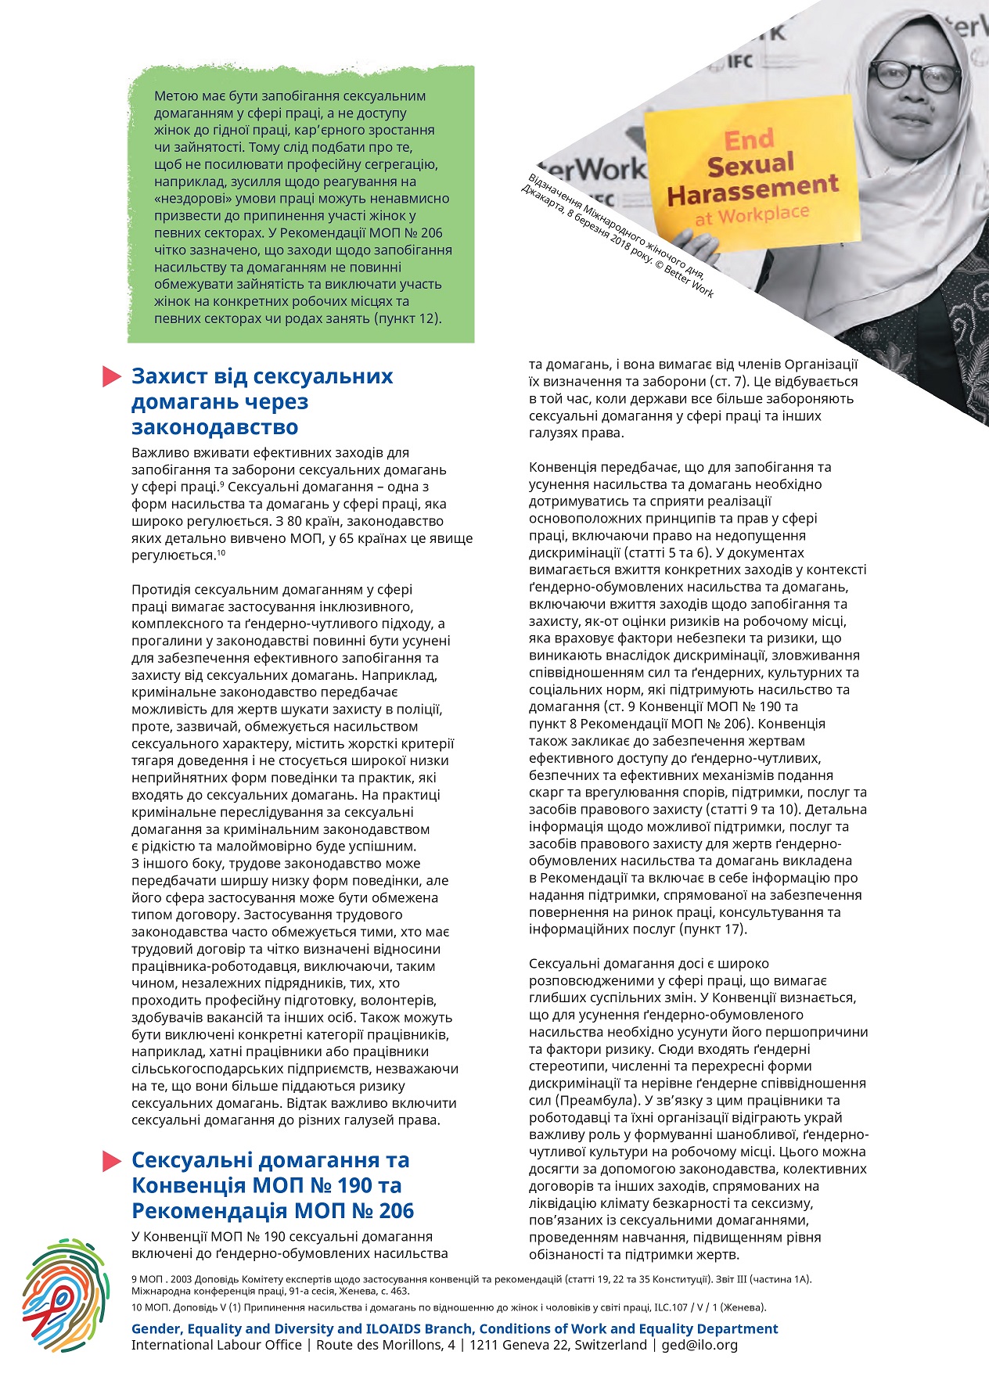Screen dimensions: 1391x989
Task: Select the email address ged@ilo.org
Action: coord(699,1345)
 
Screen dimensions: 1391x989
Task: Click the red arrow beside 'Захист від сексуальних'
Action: coord(112,377)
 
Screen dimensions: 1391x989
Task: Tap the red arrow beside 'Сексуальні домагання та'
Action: coord(112,1161)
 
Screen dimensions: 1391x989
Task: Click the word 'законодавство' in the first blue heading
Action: coord(214,427)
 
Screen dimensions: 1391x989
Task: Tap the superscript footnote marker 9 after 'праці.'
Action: coord(222,484)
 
